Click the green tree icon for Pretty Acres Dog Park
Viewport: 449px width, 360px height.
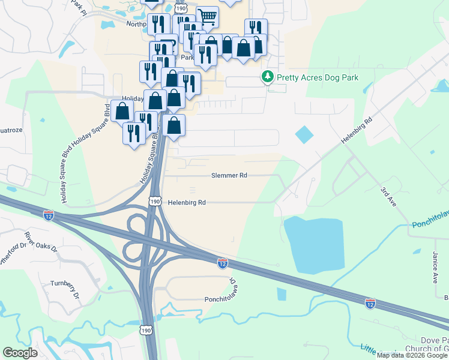[x=267, y=77]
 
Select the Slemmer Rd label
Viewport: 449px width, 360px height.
[x=229, y=176]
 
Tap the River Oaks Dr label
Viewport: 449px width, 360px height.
[x=42, y=241]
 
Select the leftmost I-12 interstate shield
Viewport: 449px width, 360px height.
[x=49, y=214]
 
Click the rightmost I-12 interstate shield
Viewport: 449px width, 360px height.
[x=370, y=304]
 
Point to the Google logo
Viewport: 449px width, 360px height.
[x=20, y=353]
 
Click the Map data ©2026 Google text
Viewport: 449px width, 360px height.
[x=412, y=355]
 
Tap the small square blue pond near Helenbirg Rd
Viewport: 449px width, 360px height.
[x=304, y=134]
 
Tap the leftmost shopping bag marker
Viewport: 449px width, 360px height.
[x=122, y=111]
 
